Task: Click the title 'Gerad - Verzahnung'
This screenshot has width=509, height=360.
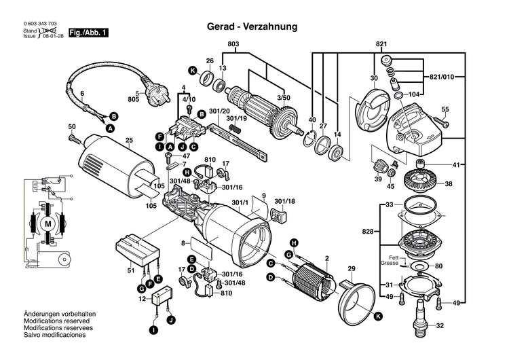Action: click(252, 27)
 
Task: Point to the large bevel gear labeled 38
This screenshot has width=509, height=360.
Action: click(423, 183)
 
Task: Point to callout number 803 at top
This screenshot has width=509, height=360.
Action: click(233, 45)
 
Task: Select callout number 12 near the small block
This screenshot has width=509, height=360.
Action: click(142, 298)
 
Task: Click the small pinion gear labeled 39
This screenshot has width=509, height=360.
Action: click(381, 165)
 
